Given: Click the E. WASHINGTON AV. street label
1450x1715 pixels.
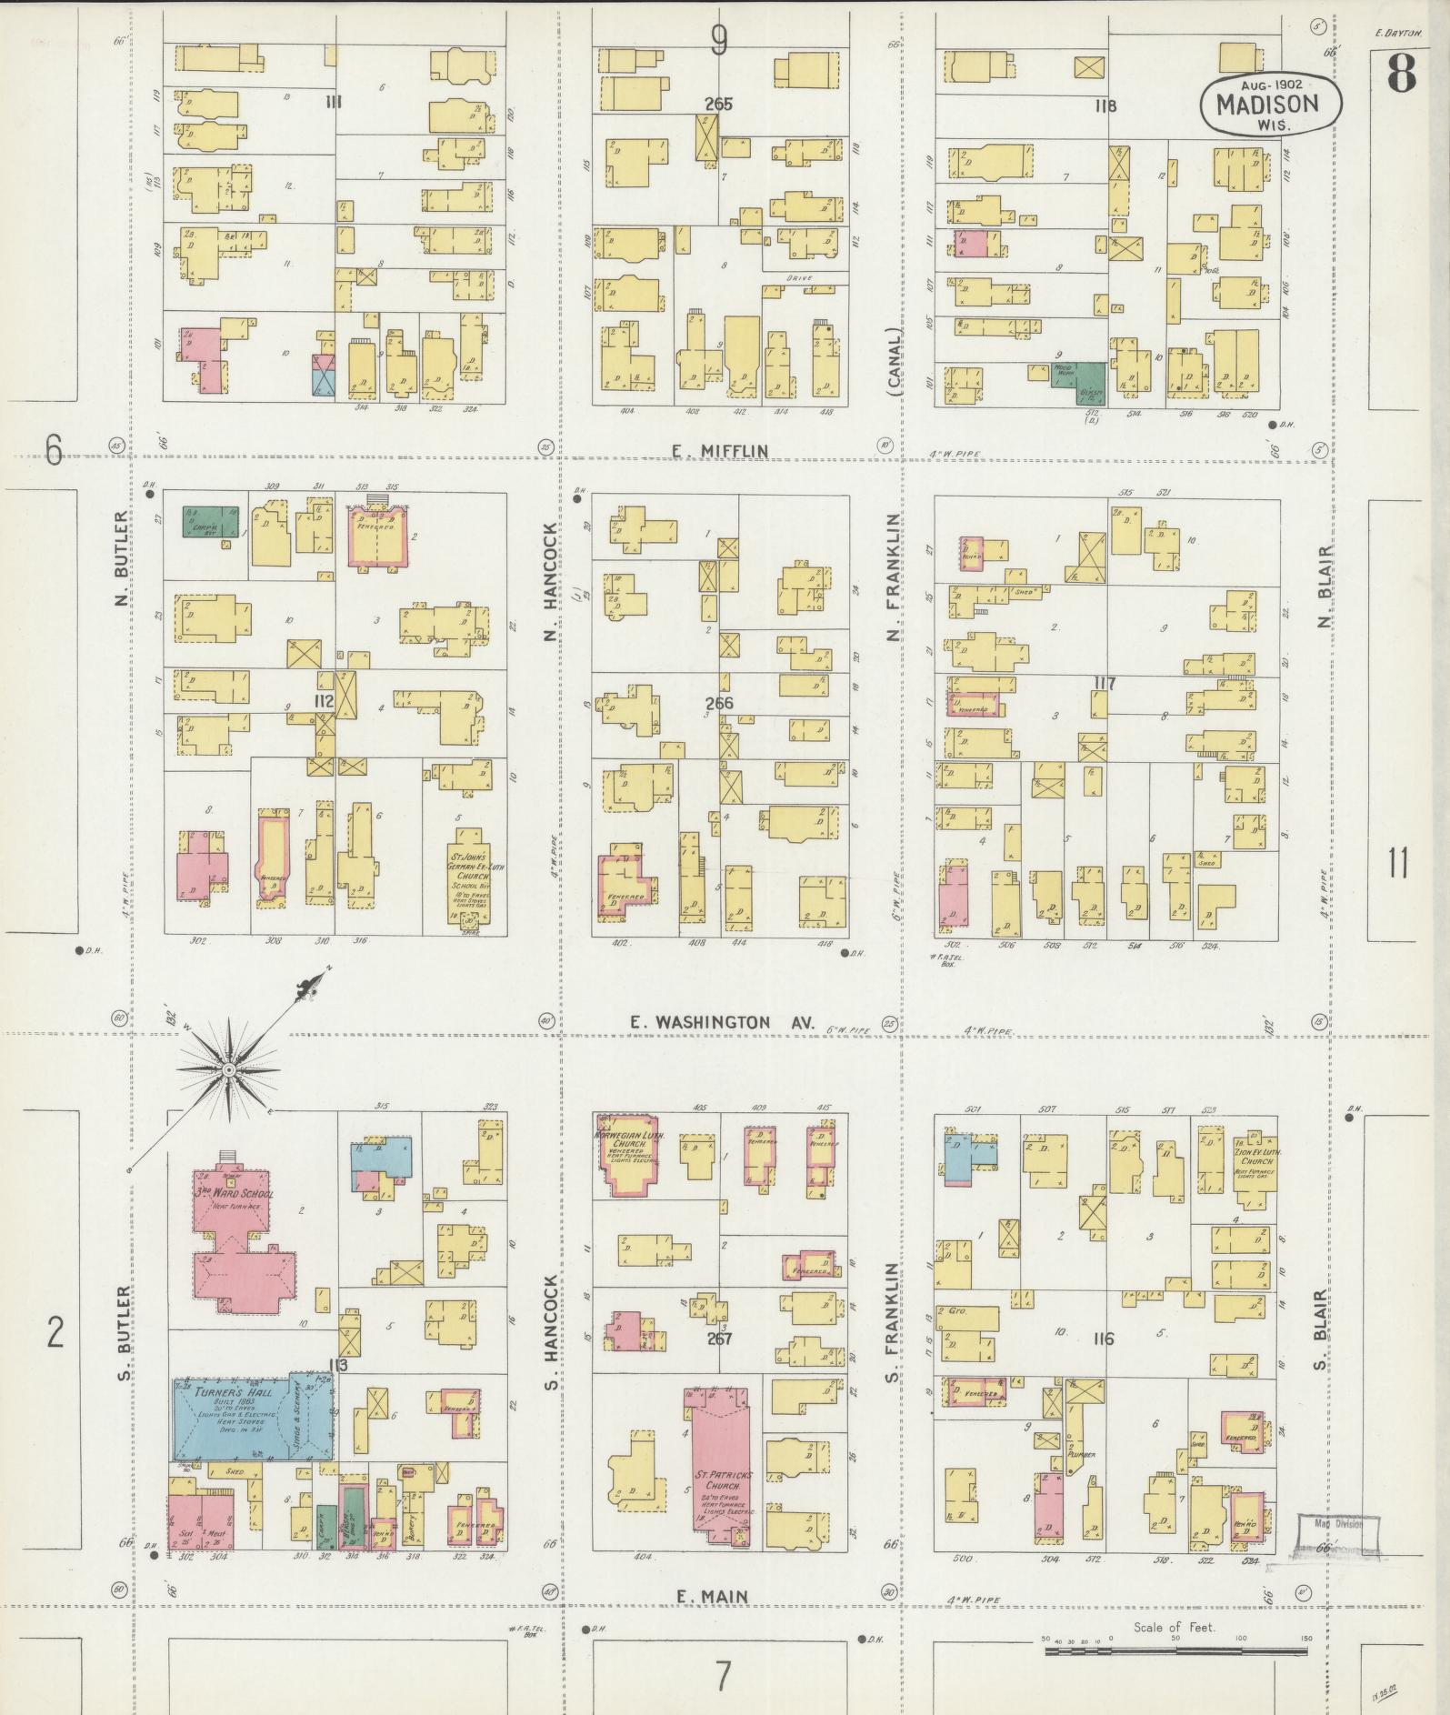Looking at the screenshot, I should (x=711, y=1022).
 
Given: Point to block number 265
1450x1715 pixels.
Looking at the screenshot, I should (x=718, y=104).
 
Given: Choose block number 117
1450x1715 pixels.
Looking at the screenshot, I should (x=1105, y=684).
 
